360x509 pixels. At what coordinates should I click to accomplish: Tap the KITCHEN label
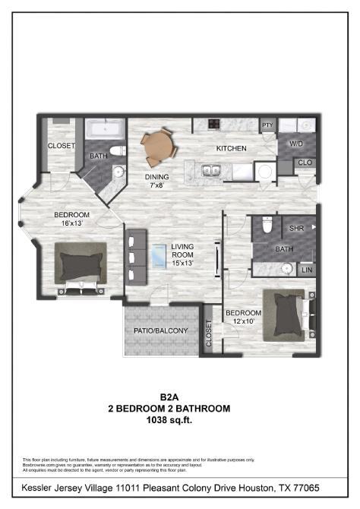click(x=231, y=148)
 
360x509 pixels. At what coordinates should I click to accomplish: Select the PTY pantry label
click(x=267, y=125)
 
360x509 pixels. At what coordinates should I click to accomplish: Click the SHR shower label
click(x=295, y=227)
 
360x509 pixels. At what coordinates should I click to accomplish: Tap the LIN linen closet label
click(x=306, y=270)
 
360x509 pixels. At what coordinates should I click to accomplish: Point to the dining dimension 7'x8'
click(x=156, y=185)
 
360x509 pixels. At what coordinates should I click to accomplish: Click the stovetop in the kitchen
click(x=215, y=125)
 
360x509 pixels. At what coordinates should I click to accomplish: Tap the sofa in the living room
click(x=136, y=256)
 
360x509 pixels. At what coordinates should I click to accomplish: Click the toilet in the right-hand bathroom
click(x=266, y=225)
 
